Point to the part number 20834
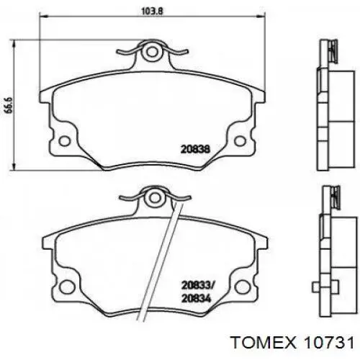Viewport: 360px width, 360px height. tap(196, 296)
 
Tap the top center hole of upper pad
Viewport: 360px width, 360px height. tap(151, 53)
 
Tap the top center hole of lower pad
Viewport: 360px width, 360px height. tap(151, 196)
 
